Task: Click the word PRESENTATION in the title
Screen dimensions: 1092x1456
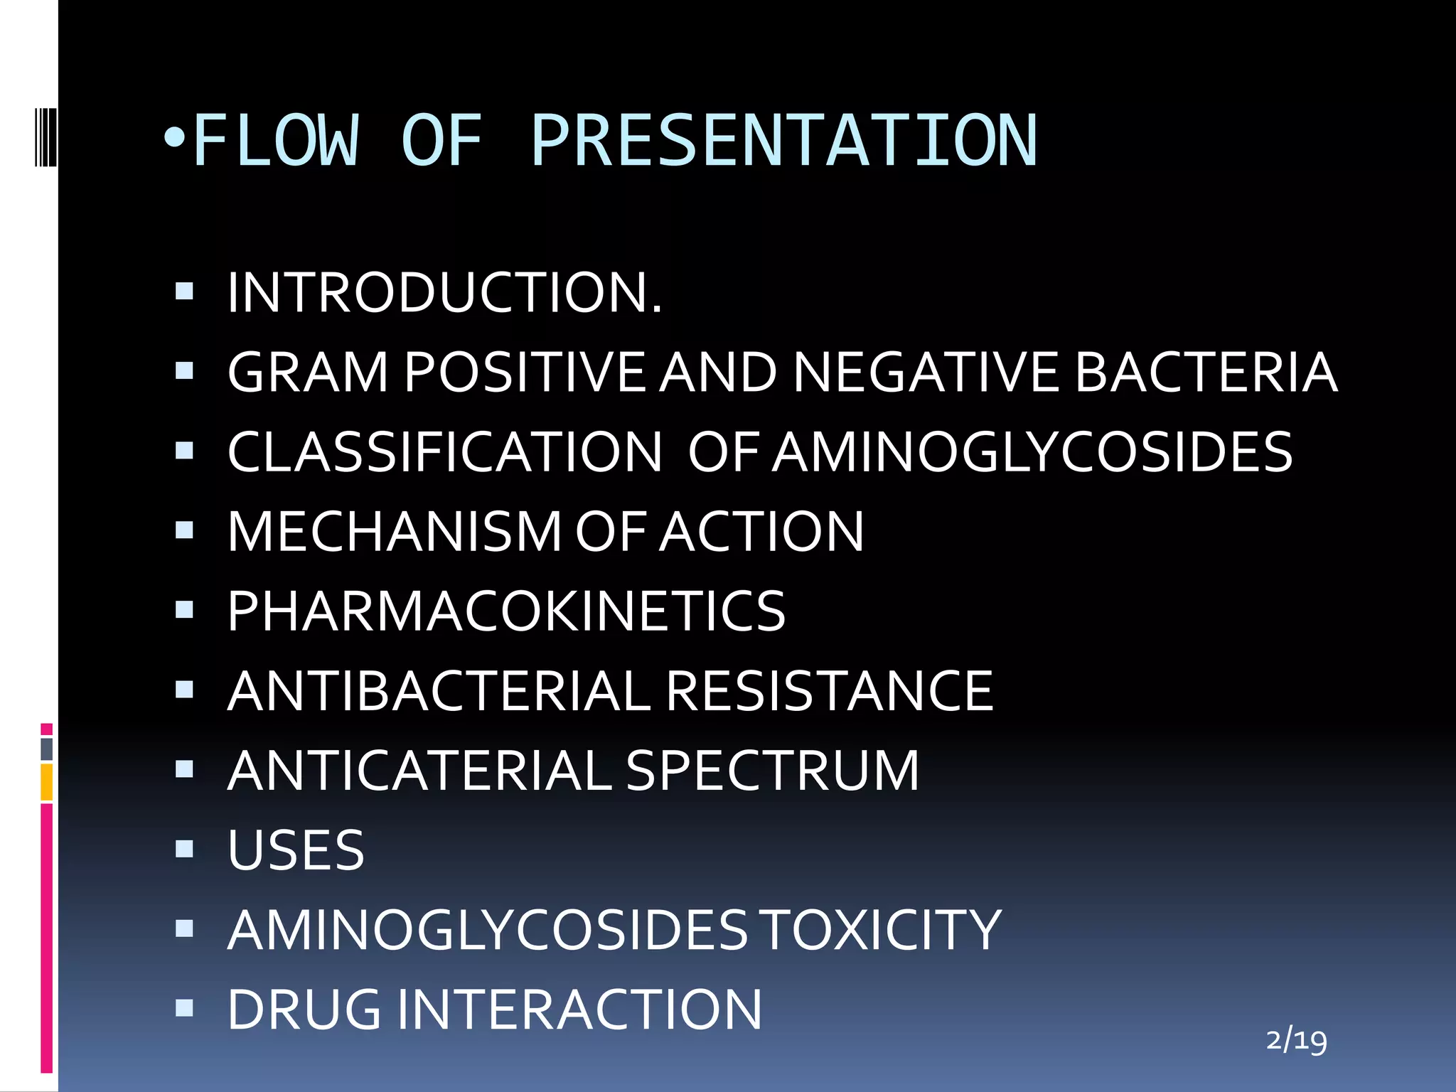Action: tap(783, 141)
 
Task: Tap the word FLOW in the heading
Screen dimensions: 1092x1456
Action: tap(275, 141)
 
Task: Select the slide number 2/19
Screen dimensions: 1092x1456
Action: tap(1296, 1041)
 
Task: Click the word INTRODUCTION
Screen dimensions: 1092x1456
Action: tap(444, 293)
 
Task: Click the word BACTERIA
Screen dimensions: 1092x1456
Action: tap(1206, 372)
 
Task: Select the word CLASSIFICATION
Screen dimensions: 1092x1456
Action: tap(444, 452)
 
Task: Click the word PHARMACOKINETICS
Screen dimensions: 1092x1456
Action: tap(506, 611)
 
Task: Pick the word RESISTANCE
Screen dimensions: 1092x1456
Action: tap(829, 691)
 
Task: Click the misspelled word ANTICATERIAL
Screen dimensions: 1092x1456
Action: tap(419, 771)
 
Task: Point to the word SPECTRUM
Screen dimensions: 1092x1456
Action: tap(772, 771)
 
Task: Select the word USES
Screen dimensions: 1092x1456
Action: tap(296, 850)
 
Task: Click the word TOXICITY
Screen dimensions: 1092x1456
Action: tap(882, 930)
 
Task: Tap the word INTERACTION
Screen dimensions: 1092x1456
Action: tap(579, 1010)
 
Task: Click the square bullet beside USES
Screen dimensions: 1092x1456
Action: tap(184, 848)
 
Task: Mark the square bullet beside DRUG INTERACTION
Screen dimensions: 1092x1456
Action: tap(184, 1007)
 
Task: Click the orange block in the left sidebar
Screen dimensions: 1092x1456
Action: tap(46, 781)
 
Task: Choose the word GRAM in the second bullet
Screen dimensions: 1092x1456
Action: tap(308, 372)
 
